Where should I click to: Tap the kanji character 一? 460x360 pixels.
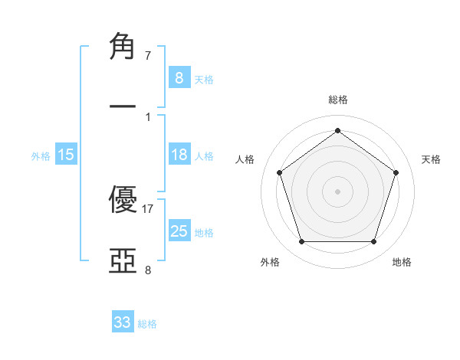click(124, 107)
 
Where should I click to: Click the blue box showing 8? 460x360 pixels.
click(179, 77)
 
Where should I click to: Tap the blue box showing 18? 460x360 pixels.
click(179, 155)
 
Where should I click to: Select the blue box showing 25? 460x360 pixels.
click(179, 231)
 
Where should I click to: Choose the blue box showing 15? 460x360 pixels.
click(66, 155)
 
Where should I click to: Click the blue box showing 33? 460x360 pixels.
click(123, 322)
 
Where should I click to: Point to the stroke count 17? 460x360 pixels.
click(148, 208)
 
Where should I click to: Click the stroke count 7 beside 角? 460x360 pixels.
click(148, 56)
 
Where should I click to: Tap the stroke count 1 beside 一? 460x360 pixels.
click(148, 117)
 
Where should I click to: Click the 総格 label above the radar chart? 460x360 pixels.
click(337, 100)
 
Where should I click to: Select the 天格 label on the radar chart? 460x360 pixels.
click(431, 159)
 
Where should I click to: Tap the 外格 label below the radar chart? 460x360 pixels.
click(270, 262)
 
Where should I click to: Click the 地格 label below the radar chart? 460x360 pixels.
click(402, 262)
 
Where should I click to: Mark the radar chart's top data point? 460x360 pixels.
click(337, 131)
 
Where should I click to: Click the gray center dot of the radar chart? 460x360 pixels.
click(337, 191)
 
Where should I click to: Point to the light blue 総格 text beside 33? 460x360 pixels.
click(147, 324)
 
